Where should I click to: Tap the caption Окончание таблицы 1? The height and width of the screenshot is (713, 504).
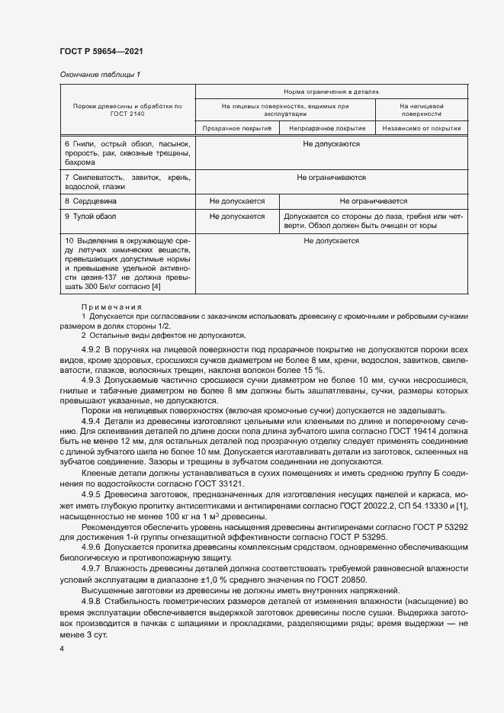pyautogui.click(x=100, y=74)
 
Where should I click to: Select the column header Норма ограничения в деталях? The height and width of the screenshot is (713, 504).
pyautogui.click(x=331, y=90)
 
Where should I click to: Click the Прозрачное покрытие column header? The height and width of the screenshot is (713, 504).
pyautogui.click(x=238, y=128)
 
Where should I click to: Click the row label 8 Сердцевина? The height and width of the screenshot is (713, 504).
pyautogui.click(x=90, y=201)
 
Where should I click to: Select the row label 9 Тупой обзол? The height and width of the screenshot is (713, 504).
pyautogui.click(x=90, y=217)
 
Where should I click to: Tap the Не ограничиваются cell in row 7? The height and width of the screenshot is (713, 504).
pyautogui.click(x=331, y=178)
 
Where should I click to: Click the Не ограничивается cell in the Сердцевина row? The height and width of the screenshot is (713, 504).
pyautogui.click(x=374, y=201)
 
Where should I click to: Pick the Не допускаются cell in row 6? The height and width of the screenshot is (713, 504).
pyautogui.click(x=331, y=143)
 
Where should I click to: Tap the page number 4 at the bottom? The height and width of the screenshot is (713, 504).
pyautogui.click(x=62, y=647)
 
